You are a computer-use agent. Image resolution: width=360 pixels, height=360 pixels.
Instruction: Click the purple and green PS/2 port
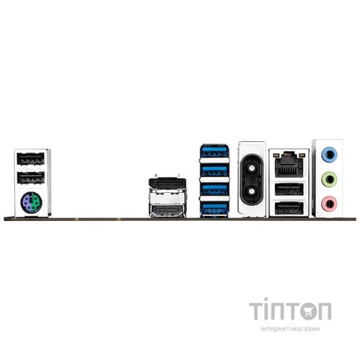31,202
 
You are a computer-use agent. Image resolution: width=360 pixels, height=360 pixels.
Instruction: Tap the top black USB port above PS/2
31,159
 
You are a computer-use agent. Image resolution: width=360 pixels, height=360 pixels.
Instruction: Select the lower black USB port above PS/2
31,178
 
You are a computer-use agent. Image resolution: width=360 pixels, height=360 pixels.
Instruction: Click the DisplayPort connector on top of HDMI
167,184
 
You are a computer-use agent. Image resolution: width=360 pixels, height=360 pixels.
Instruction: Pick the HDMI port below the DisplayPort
167,211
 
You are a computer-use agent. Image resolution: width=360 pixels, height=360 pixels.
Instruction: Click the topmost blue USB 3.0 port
214,151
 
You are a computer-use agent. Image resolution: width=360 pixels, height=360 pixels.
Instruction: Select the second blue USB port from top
214,171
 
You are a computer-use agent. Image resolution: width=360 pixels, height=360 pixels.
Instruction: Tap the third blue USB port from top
214,189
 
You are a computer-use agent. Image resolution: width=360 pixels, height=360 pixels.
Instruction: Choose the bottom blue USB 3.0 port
214,208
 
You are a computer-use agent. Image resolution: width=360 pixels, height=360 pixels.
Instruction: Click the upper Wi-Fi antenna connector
251,168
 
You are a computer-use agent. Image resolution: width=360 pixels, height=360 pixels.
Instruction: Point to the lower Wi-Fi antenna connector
251,191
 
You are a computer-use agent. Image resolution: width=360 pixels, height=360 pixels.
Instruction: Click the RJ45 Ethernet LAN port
289,164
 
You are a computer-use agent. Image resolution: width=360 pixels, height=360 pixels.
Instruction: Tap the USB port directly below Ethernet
289,189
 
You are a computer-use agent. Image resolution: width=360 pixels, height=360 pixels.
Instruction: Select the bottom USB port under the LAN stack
289,208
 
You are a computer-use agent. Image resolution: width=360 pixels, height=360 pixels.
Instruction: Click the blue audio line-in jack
329,155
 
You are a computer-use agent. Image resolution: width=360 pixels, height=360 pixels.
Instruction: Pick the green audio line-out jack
329,179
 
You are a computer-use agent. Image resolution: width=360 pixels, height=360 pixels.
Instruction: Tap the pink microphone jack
329,204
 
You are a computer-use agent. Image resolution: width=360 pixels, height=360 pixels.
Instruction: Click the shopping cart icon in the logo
308,311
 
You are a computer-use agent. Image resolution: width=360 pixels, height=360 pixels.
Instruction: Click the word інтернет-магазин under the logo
290,328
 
